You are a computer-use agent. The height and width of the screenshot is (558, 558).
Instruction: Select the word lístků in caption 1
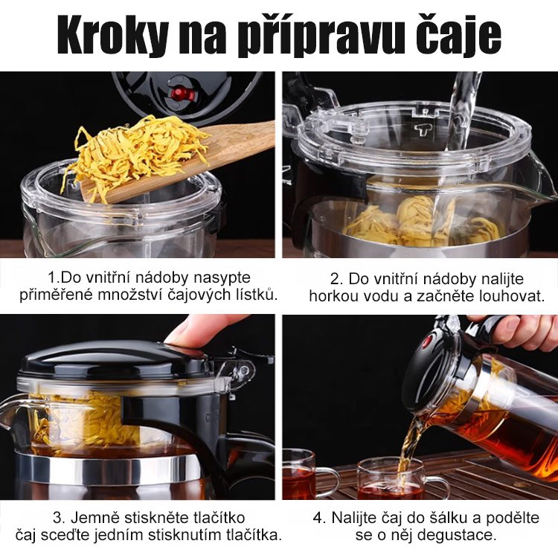[254, 295]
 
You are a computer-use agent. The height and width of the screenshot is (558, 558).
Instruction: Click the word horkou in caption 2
[333, 297]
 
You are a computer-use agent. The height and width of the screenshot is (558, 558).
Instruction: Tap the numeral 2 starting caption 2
[336, 279]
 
